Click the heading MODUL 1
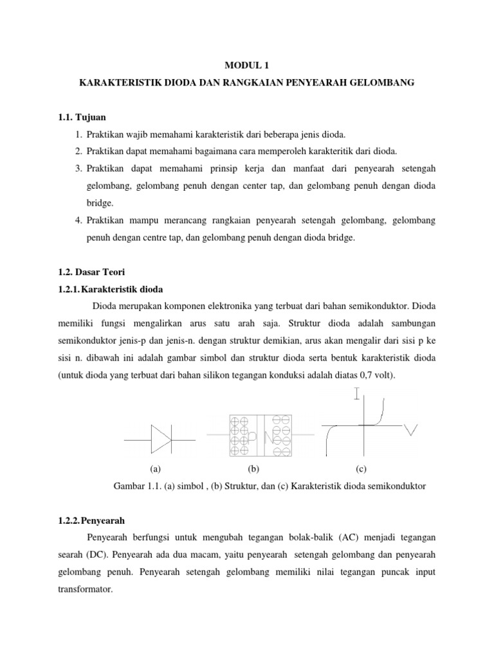[246, 64]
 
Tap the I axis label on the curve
[356, 394]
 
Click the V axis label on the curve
[412, 432]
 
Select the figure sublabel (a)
[154, 469]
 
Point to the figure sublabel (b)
[253, 469]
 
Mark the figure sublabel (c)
[360, 469]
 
